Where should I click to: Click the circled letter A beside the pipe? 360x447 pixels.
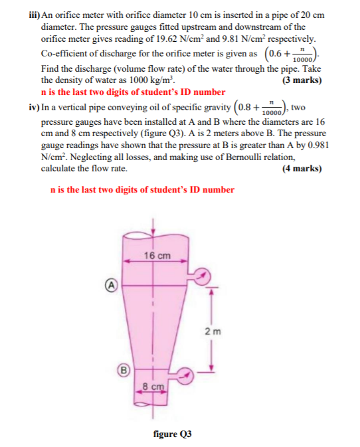tap(112, 286)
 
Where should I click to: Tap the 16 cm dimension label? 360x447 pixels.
tap(157, 256)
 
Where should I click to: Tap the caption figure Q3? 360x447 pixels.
tap(172, 434)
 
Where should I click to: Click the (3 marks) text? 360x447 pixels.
tap(302, 81)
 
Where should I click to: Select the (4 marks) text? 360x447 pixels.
tap(302, 168)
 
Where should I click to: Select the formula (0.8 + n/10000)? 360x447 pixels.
tap(261, 108)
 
